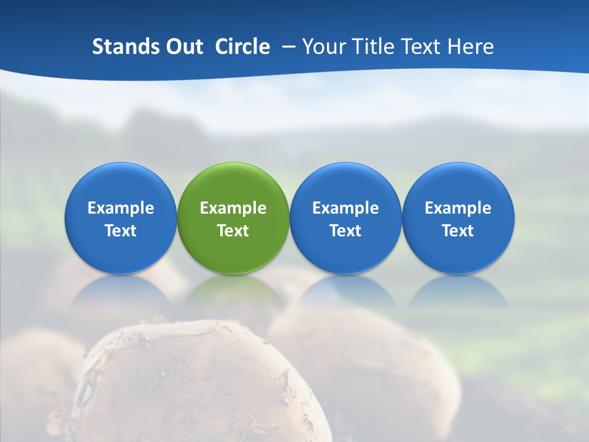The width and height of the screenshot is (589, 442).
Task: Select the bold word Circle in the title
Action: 242,47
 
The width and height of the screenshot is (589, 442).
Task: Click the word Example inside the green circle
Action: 233,208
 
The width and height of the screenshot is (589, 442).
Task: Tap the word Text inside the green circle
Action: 233,231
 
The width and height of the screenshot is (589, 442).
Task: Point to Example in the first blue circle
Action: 121,208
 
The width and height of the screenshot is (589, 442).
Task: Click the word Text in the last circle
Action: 458,231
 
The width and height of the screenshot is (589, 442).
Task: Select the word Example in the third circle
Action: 345,208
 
